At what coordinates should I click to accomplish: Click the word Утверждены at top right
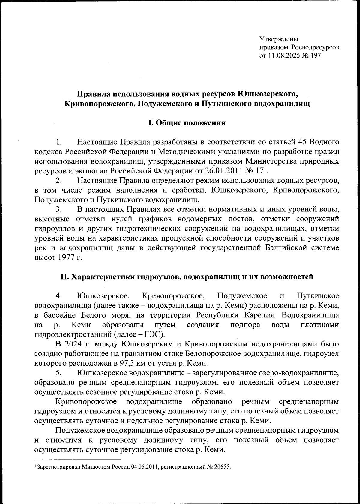click(x=279, y=39)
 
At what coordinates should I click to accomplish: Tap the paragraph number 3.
click(x=58, y=209)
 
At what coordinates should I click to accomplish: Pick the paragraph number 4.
click(x=58, y=296)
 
